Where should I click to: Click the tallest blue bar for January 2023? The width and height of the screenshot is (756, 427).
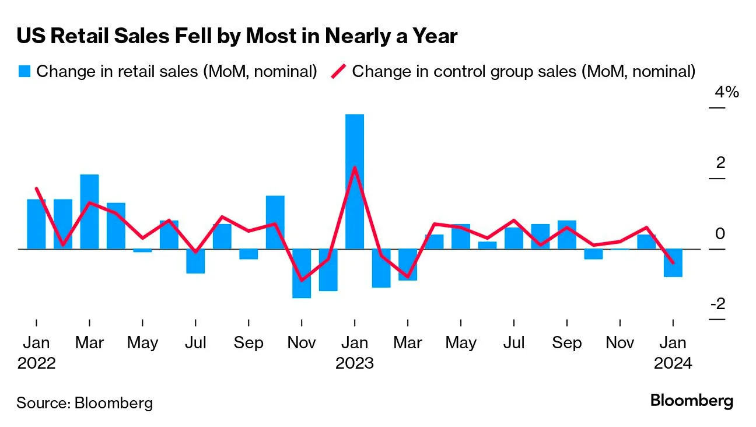(355, 181)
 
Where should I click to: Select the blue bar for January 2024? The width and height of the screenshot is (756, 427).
(673, 263)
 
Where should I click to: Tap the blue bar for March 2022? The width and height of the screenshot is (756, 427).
(89, 212)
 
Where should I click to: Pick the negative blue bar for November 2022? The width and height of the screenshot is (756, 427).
(302, 273)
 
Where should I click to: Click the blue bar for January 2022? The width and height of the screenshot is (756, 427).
(36, 224)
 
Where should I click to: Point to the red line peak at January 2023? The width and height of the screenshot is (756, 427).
(355, 167)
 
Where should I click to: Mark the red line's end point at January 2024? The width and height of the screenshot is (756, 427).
(673, 262)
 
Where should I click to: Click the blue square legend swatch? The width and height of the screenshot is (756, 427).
(24, 72)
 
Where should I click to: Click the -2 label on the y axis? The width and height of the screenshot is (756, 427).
(717, 304)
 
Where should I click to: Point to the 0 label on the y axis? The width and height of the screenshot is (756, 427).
(720, 233)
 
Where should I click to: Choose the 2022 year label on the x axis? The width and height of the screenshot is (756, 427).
(36, 363)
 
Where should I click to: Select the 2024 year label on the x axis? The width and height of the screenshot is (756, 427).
(673, 363)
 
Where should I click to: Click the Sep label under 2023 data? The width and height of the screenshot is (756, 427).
(566, 343)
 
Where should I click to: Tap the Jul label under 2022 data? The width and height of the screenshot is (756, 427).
(195, 343)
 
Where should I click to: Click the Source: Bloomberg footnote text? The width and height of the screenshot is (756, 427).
(85, 402)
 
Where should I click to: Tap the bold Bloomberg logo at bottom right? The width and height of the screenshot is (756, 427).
(692, 401)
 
